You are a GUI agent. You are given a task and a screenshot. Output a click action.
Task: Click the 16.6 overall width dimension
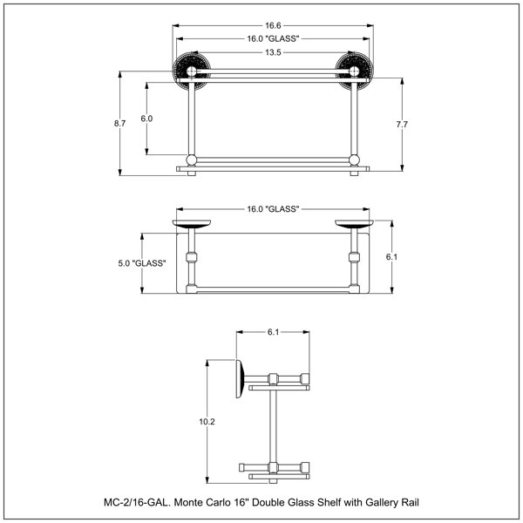(x=273, y=25)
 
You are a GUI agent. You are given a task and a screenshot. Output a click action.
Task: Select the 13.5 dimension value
(x=273, y=52)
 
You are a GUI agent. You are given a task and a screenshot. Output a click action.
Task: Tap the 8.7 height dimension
(x=119, y=124)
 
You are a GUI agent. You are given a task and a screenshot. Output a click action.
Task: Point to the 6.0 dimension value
(x=146, y=119)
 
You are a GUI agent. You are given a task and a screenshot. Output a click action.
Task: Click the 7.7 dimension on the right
(x=402, y=125)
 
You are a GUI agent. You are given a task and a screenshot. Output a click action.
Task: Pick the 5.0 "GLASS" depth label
(x=142, y=263)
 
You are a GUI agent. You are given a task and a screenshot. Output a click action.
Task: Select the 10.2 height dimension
(x=207, y=422)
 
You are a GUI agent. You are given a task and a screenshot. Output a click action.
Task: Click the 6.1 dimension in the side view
(x=273, y=332)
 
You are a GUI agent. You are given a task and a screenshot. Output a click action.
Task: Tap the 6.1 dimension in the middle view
(x=391, y=257)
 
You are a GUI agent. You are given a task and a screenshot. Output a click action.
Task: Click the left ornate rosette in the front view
(x=192, y=71)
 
